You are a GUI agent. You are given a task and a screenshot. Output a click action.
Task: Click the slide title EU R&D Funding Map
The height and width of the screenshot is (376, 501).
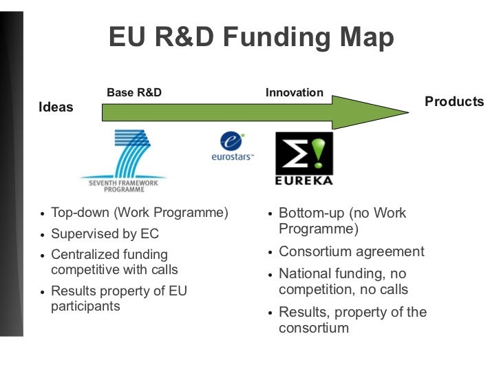(251, 38)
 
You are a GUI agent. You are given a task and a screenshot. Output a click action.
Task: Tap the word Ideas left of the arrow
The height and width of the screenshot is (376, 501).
(56, 107)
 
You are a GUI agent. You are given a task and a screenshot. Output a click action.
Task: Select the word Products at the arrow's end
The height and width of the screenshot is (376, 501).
(454, 102)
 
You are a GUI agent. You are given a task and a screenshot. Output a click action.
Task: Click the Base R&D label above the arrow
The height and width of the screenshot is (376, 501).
(134, 92)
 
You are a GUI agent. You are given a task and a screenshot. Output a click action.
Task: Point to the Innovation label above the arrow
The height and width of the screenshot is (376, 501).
(295, 92)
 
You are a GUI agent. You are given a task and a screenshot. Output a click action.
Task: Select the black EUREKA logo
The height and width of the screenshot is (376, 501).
(303, 158)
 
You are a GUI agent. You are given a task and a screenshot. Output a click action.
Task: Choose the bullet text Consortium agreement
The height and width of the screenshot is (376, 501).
(352, 252)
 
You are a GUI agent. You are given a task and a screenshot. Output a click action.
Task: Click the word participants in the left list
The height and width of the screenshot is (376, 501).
(85, 306)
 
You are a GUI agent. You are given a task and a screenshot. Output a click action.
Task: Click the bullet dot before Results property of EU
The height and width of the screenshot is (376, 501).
(43, 293)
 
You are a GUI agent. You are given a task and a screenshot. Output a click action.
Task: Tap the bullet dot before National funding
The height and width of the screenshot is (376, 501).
(270, 275)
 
